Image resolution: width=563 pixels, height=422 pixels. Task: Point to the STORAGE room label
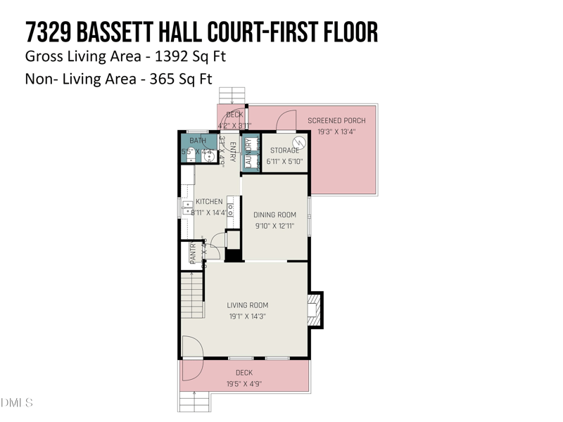[284, 151]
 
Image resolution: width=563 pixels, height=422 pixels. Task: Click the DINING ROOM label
[274, 215]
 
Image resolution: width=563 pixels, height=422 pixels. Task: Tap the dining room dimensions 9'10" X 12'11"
[274, 226]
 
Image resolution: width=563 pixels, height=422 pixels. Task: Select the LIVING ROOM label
[248, 305]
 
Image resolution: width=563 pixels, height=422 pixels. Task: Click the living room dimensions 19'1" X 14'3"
[248, 316]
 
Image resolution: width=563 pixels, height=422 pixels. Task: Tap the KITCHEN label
[209, 201]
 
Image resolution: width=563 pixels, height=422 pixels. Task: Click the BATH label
[198, 141]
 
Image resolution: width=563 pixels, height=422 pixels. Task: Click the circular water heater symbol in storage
[298, 143]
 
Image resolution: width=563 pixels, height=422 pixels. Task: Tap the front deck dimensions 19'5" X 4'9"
[243, 384]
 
